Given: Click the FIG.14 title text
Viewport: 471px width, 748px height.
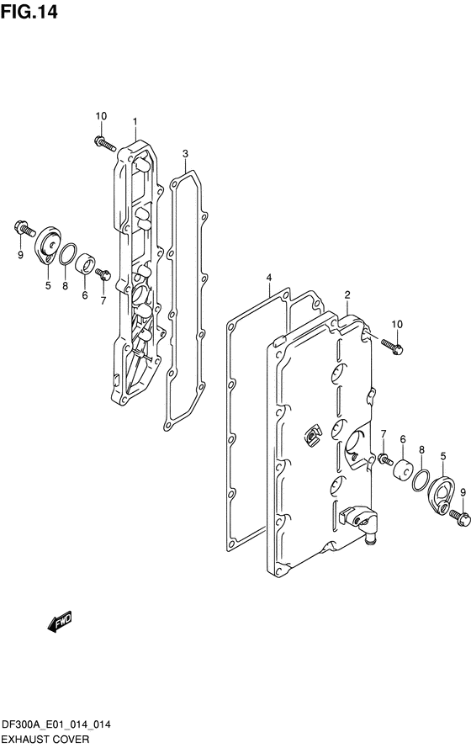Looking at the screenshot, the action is [29, 12].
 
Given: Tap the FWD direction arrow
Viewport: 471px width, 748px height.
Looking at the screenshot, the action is [60, 621].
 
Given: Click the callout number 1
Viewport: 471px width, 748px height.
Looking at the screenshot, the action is [135, 122].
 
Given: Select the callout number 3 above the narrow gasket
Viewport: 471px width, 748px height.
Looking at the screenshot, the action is [185, 154].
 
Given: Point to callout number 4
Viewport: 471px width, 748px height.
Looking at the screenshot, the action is [269, 278].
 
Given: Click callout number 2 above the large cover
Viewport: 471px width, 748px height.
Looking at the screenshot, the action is [347, 294].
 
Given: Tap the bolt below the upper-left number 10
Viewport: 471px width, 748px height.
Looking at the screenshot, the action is [105, 143].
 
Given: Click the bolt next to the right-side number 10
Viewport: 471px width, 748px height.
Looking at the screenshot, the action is [392, 347].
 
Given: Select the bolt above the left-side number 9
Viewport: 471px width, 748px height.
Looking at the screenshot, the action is [24, 229].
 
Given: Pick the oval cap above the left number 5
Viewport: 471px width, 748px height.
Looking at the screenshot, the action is [48, 246].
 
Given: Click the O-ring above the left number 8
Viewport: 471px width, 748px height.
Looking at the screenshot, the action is [68, 254].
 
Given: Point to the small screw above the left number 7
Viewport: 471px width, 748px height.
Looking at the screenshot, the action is [103, 274].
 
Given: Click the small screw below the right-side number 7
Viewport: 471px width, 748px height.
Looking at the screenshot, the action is [385, 459].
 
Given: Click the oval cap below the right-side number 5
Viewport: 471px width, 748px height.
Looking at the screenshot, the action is [441, 496].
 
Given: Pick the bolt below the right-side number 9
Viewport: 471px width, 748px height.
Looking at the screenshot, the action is [459, 517].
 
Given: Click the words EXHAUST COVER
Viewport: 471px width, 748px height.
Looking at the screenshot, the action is [45, 739].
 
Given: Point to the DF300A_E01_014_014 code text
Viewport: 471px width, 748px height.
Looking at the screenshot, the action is [56, 724].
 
